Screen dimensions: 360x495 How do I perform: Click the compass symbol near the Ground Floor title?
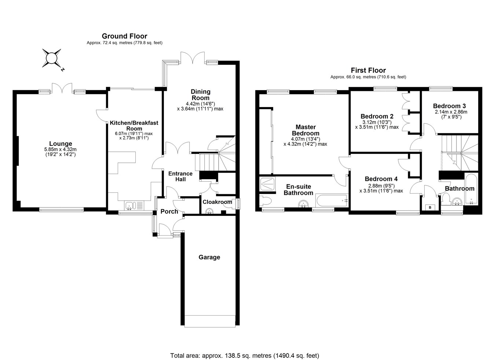tap(51, 58)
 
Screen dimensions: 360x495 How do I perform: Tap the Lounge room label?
tap(61, 144)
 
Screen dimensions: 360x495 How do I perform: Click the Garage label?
tap(209, 257)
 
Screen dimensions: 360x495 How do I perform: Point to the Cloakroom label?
tap(217, 202)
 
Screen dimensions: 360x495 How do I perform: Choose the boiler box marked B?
tap(430, 207)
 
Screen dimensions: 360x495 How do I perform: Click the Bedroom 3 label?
tap(449, 106)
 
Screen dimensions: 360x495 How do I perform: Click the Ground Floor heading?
tap(124, 36)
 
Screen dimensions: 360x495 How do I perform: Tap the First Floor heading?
tap(368, 70)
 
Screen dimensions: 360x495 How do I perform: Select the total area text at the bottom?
tap(245, 355)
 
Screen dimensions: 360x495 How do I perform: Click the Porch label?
tap(169, 212)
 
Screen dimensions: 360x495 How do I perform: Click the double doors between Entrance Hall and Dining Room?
tap(178, 148)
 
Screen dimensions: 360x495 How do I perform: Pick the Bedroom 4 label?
tap(381, 179)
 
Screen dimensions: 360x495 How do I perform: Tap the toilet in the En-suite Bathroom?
tap(265, 201)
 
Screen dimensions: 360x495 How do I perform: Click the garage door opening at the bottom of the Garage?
tap(210, 321)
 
